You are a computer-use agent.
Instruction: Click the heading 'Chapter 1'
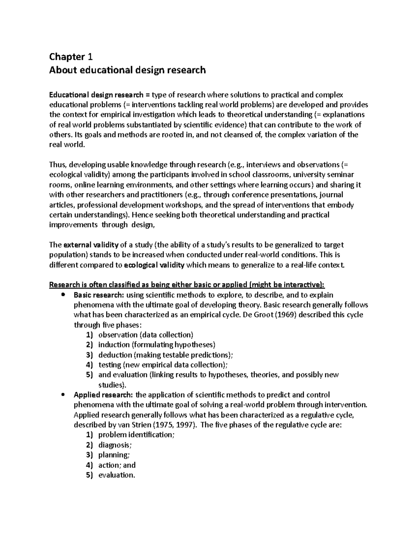tap(71, 56)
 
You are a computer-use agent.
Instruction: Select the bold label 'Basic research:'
tap(99, 295)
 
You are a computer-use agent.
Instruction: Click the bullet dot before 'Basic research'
tap(63, 295)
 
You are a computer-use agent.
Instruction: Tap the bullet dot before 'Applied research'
tap(63, 395)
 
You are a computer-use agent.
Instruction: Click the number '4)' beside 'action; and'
tap(90, 465)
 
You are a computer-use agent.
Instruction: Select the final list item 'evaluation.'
tap(117, 475)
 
